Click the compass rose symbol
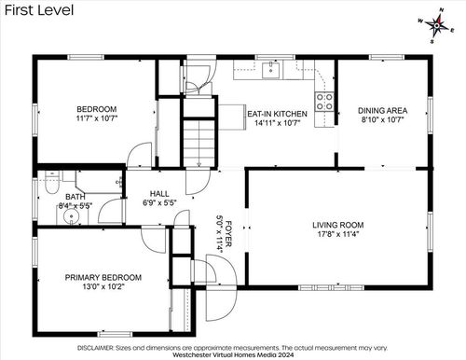437,25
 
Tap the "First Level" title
39,10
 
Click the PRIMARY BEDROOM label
103,277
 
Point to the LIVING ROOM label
338,225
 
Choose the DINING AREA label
382,111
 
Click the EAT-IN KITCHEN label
277,114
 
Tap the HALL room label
159,194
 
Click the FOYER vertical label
228,234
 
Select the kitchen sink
270,70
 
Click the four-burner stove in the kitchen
324,102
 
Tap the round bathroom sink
72,215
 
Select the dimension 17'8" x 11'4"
338,234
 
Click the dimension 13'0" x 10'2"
103,286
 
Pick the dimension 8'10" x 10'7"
382,119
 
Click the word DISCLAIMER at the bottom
96,348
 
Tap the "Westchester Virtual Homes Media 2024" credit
233,354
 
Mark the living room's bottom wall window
331,287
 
